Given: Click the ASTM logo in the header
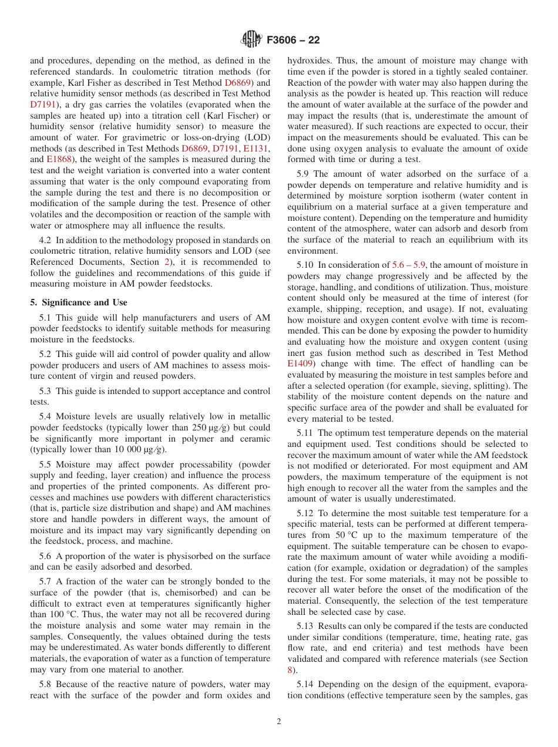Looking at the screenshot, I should pos(251,40).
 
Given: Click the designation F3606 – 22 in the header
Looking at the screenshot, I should pos(293,41).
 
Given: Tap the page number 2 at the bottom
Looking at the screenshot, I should pos(279,722).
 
